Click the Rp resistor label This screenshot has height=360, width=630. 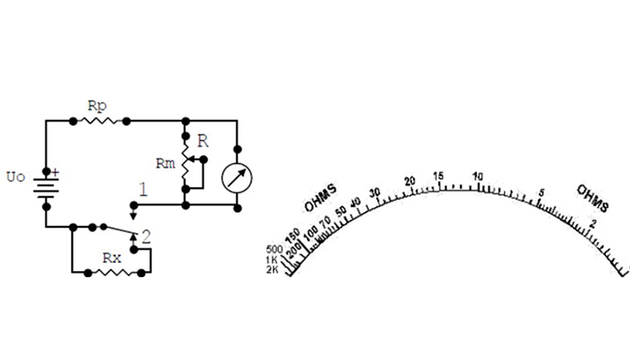[96, 106]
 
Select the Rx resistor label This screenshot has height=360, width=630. [112, 257]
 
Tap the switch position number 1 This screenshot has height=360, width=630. [141, 190]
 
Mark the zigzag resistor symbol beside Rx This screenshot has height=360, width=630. [112, 271]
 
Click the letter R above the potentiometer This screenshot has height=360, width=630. [203, 140]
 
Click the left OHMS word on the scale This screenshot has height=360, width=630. [319, 199]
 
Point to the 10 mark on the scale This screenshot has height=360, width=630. [477, 177]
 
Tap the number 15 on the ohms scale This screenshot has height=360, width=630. [439, 175]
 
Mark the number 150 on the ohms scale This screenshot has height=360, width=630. [292, 236]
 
